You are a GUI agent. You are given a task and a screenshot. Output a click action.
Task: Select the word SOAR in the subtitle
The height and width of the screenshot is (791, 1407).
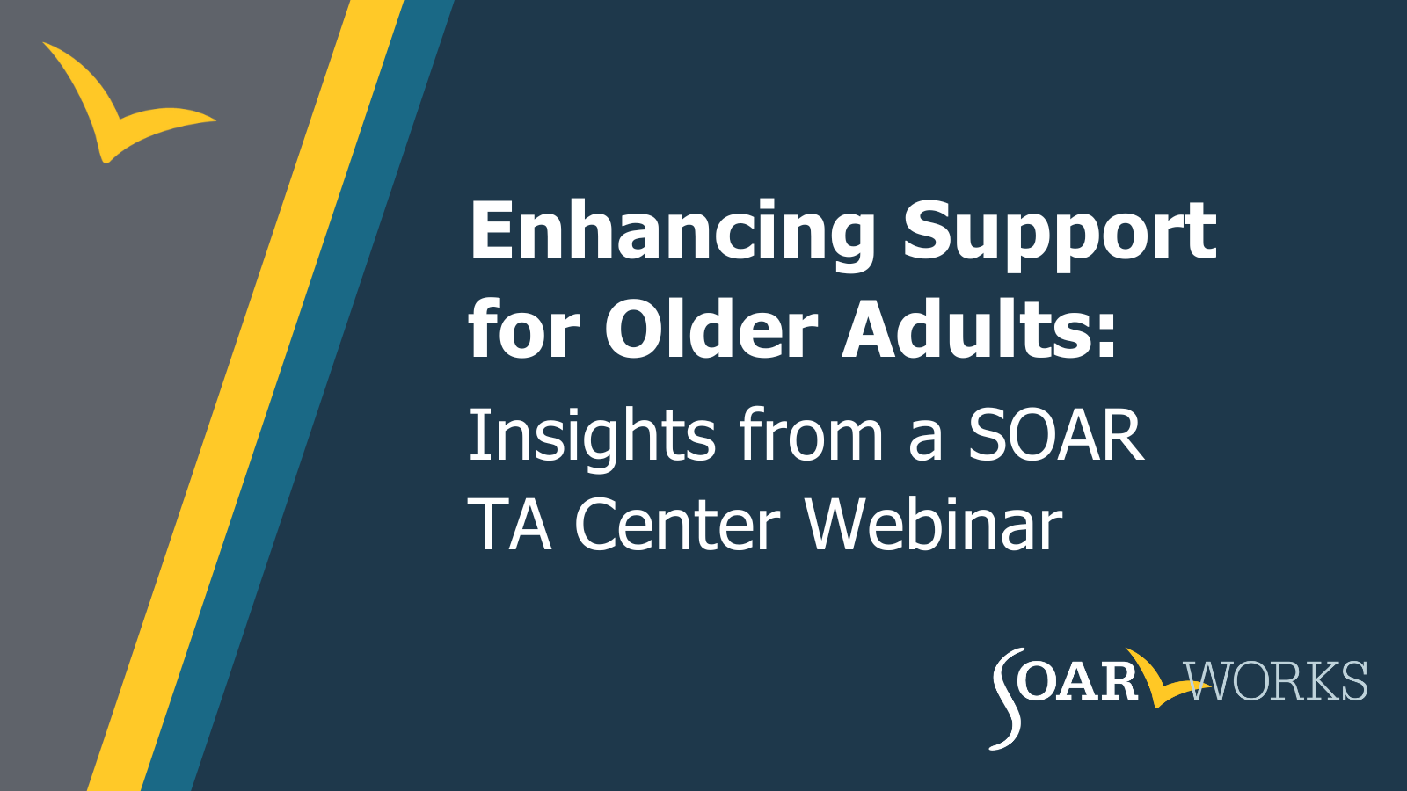pos(1056,434)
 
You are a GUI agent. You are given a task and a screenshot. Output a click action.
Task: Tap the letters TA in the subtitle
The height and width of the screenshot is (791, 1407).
pos(509,523)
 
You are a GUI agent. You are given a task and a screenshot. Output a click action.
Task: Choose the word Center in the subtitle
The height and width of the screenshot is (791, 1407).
pos(677,524)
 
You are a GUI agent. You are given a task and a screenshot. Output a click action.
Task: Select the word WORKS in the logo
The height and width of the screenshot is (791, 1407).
pos(1275,680)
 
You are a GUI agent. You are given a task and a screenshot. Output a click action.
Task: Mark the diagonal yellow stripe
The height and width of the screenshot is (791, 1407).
pos(245,395)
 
